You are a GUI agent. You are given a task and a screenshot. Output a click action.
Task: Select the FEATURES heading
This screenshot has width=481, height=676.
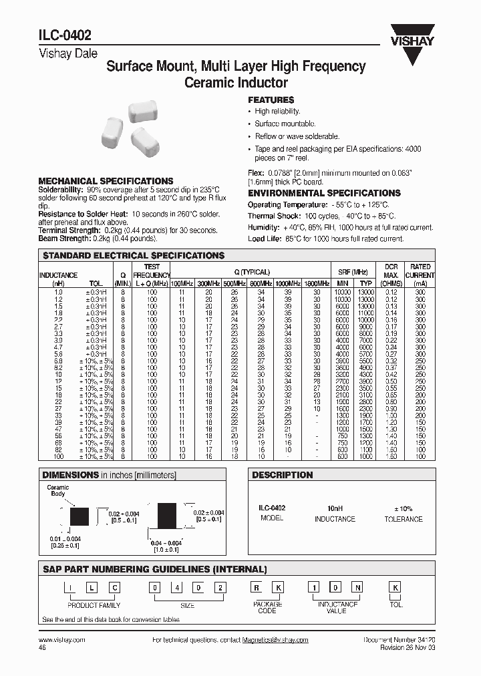(x=271, y=100)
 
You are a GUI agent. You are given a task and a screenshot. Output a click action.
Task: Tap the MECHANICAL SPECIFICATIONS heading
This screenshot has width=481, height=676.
(x=106, y=181)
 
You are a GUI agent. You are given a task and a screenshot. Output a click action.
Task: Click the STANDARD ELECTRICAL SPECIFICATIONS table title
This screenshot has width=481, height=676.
(x=134, y=256)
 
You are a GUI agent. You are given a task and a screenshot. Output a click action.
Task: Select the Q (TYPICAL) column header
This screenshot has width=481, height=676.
(x=252, y=272)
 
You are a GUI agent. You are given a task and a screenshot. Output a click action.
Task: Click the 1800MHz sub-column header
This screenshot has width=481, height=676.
(x=316, y=283)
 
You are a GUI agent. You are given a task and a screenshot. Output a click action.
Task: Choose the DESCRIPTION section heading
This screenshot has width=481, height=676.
(x=282, y=475)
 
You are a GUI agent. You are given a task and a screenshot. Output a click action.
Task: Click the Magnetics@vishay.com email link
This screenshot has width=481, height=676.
(x=275, y=639)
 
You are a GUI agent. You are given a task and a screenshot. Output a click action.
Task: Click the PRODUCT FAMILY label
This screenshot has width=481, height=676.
(x=94, y=605)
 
